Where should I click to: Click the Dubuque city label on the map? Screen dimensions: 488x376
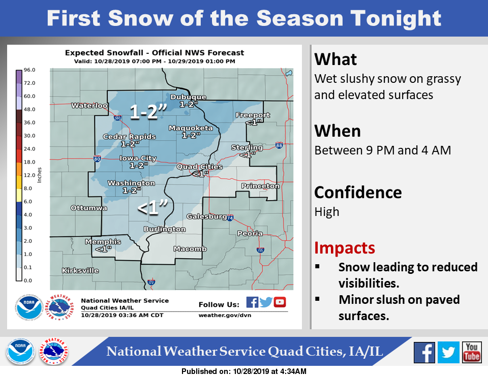point(188,97)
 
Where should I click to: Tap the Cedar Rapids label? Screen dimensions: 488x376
point(129,137)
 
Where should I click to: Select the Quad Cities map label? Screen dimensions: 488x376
point(199,167)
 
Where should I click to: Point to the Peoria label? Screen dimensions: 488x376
point(250,233)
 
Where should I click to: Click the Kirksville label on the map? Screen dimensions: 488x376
point(80,271)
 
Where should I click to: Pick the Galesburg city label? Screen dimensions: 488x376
point(207,216)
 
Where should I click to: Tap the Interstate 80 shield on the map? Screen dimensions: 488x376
point(97,159)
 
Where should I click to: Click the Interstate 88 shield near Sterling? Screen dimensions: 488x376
point(279,145)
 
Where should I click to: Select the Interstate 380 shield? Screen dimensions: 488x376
point(117,118)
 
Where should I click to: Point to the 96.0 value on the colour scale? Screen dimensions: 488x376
point(29,70)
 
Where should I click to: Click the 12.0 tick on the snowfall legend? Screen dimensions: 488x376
point(29,175)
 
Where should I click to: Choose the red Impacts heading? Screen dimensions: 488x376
point(345,248)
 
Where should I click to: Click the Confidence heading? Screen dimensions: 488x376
point(358,193)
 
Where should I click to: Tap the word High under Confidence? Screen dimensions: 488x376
point(327,212)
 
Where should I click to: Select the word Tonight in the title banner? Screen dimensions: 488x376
point(396,19)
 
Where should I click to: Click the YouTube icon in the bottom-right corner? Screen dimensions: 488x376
point(472,352)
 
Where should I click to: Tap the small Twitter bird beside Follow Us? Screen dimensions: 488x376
point(266,302)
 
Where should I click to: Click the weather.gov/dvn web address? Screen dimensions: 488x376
point(225,316)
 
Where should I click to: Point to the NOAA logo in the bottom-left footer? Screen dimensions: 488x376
point(20,352)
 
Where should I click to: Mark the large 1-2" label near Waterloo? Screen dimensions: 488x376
point(148,111)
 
